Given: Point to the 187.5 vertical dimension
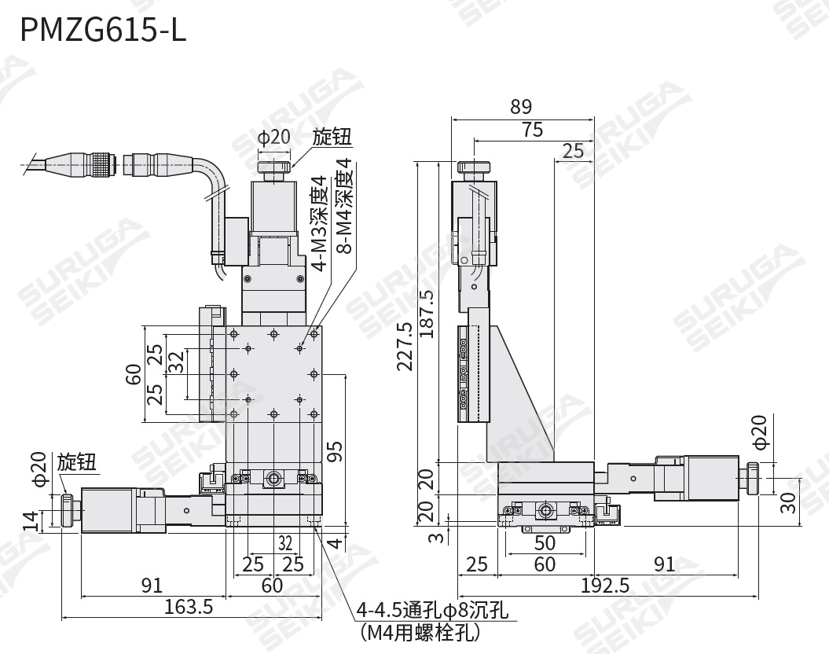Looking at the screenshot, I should pyautogui.click(x=426, y=314).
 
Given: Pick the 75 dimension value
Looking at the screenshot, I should pyautogui.click(x=532, y=130).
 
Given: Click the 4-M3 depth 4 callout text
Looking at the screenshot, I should pyautogui.click(x=320, y=224).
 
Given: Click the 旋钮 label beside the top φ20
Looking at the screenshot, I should pyautogui.click(x=332, y=138).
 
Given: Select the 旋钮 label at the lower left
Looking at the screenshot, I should pyautogui.click(x=76, y=462).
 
